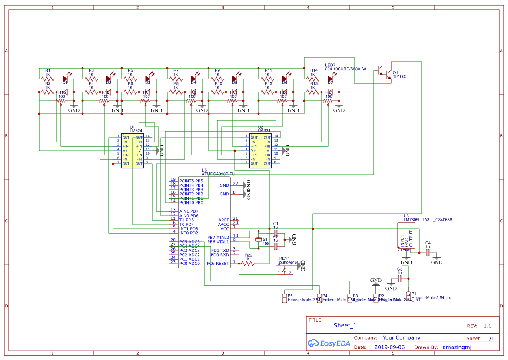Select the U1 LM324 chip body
tap(133, 151)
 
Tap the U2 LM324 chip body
tap(260, 151)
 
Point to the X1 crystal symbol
tap(259, 240)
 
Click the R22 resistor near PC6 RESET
tap(249, 264)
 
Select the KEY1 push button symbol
tap(285, 268)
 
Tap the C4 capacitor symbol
tap(428, 252)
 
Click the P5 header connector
tap(284, 298)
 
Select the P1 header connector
tap(408, 295)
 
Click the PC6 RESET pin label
tap(218, 264)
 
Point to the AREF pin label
tap(223, 220)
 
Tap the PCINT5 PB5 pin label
tap(191, 181)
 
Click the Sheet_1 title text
tap(345, 325)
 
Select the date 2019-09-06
tap(389, 347)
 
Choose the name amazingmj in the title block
tap(457, 347)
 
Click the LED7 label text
tap(330, 65)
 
